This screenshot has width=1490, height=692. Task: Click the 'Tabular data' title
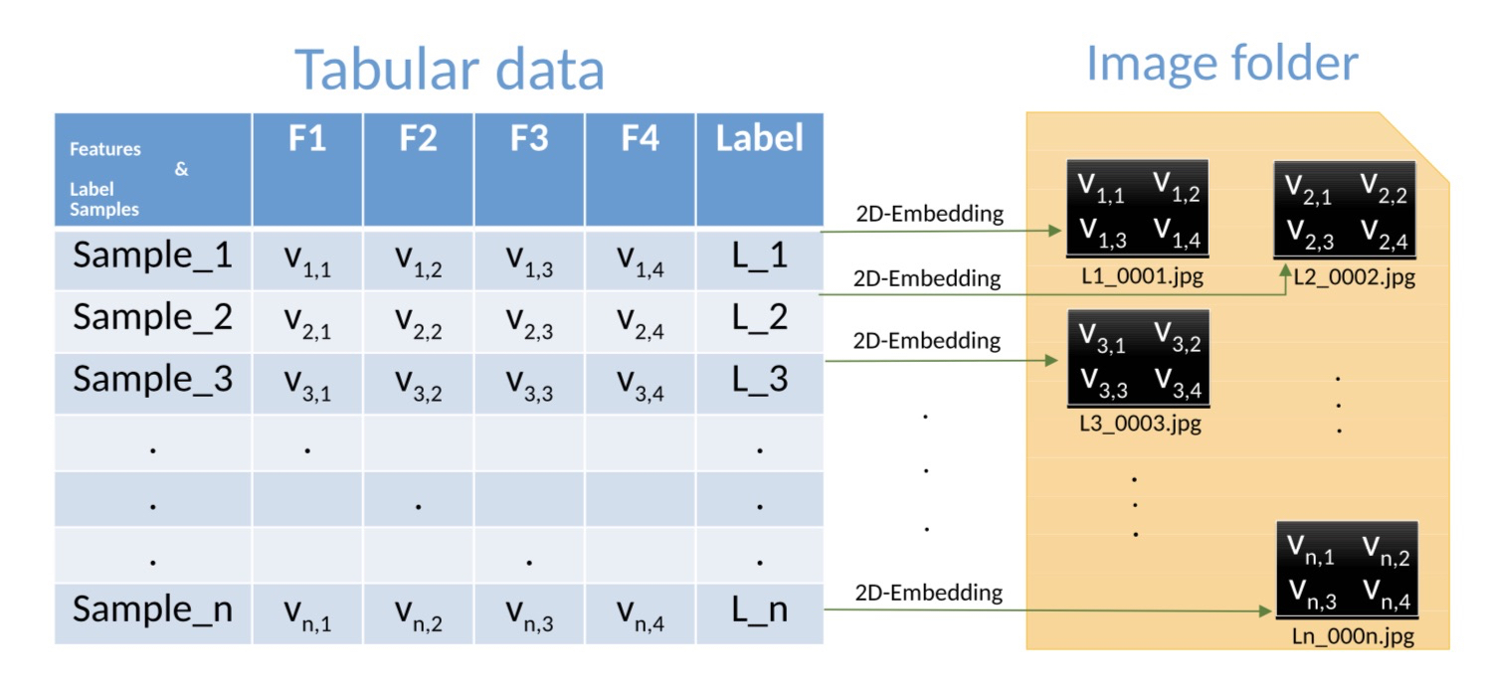coord(450,70)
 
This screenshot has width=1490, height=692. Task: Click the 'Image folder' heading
coord(1221,63)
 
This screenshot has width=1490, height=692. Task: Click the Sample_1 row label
coord(152,257)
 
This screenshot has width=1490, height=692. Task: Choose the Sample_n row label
coord(152,609)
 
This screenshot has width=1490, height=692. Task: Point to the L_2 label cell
coord(759,318)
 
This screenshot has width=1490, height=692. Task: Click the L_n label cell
coord(759,609)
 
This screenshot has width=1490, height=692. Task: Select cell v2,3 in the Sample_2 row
coord(529,320)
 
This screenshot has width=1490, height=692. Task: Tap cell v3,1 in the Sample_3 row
coord(307,382)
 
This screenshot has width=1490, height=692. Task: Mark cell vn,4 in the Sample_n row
coord(640,611)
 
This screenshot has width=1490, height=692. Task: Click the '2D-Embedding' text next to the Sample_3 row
coord(926,341)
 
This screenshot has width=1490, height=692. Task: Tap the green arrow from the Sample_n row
coord(1044,611)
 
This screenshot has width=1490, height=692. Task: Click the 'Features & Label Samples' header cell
coord(152,170)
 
